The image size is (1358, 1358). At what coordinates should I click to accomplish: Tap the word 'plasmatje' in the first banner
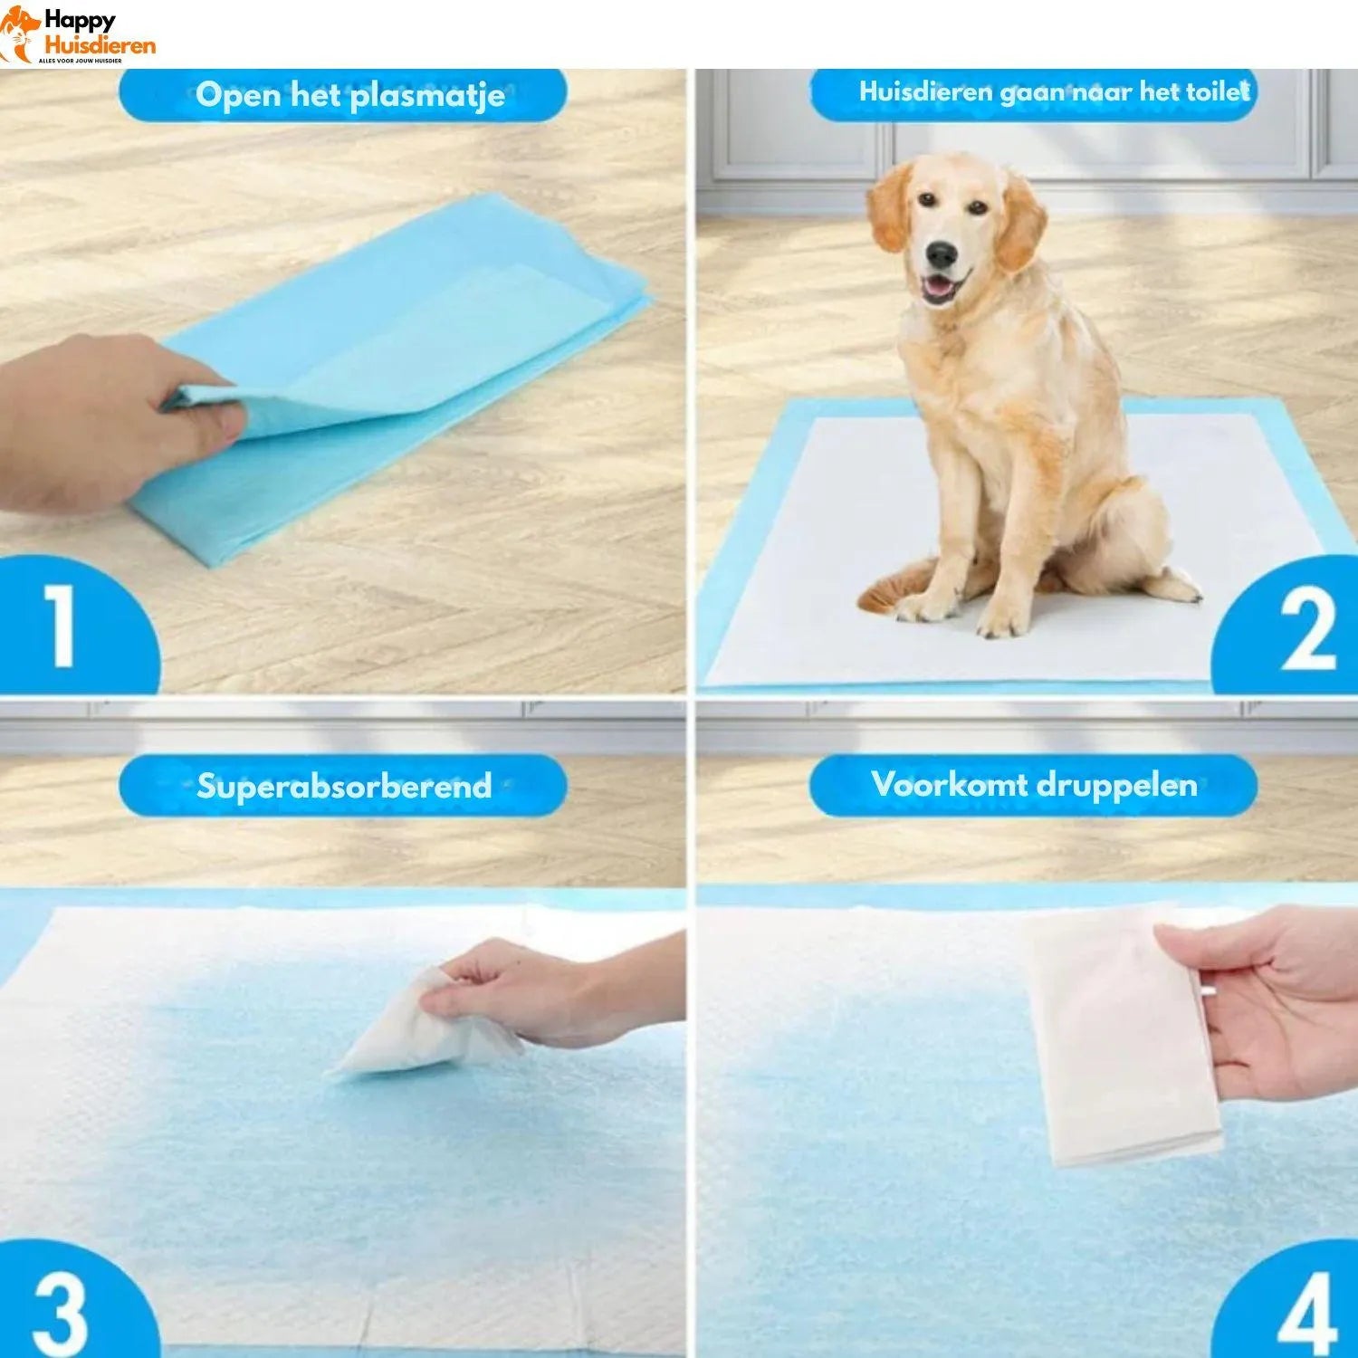[x=427, y=95]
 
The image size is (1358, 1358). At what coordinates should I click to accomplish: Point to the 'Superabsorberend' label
[x=344, y=786]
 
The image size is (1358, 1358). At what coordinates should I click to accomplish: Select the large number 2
[x=1307, y=630]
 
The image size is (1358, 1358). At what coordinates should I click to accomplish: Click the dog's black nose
[x=942, y=254]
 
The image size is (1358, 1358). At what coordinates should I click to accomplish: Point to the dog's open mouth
[x=940, y=288]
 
